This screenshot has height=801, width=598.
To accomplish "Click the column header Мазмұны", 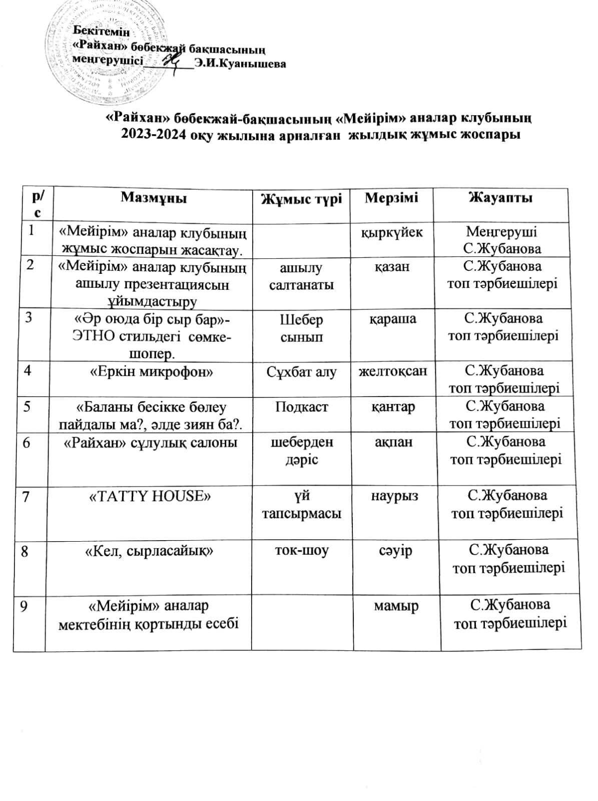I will point(153,198).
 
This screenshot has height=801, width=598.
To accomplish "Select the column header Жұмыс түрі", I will point(302,199).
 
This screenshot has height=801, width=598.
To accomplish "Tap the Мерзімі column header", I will point(391,197).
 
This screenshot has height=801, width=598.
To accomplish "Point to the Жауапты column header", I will point(500,197).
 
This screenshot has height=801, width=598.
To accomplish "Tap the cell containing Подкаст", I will point(301,407).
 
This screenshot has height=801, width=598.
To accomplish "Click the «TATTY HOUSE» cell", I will point(150,496).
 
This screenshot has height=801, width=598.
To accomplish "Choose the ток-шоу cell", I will point(302,551).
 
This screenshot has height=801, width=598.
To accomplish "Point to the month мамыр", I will point(396,606).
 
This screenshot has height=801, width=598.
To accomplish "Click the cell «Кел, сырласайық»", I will point(150,551).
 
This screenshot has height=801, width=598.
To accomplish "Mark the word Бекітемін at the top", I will point(102,32).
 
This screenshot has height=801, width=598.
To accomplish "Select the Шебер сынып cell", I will point(301,328).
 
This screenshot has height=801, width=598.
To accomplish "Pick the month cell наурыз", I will point(394,496).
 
